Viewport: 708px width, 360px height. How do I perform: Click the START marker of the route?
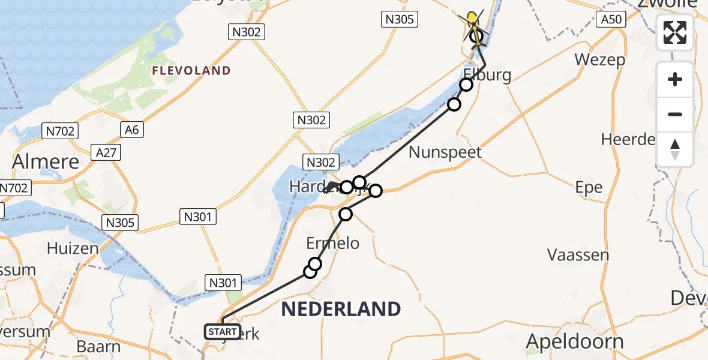[x=223, y=331]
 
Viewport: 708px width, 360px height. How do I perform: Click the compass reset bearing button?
[x=675, y=149]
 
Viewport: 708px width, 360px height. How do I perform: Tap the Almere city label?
[x=46, y=161]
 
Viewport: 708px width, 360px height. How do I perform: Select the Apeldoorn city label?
[x=575, y=341]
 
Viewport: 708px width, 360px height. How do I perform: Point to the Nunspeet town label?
[x=445, y=152]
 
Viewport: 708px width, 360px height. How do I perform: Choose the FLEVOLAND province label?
[x=191, y=70]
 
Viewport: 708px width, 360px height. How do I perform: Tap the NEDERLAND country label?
[x=341, y=309]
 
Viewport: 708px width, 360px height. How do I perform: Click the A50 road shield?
[x=611, y=20]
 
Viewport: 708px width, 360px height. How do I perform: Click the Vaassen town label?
[x=578, y=255]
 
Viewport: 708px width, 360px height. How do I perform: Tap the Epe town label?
[x=589, y=187]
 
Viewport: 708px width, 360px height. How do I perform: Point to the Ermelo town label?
[x=333, y=242]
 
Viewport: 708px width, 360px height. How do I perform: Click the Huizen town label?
[x=72, y=248]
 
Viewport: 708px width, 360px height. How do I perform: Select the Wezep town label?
[x=599, y=59]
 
